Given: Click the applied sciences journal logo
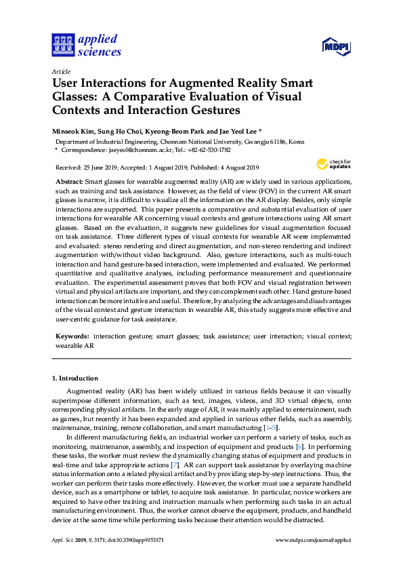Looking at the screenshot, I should pyautogui.click(x=87, y=45).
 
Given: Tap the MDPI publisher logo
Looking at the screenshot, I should pyautogui.click(x=336, y=46).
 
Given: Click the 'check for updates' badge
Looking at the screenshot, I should pyautogui.click(x=332, y=164).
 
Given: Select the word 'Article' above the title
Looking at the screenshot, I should pyautogui.click(x=60, y=71).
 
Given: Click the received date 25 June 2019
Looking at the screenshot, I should pyautogui.click(x=106, y=168).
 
